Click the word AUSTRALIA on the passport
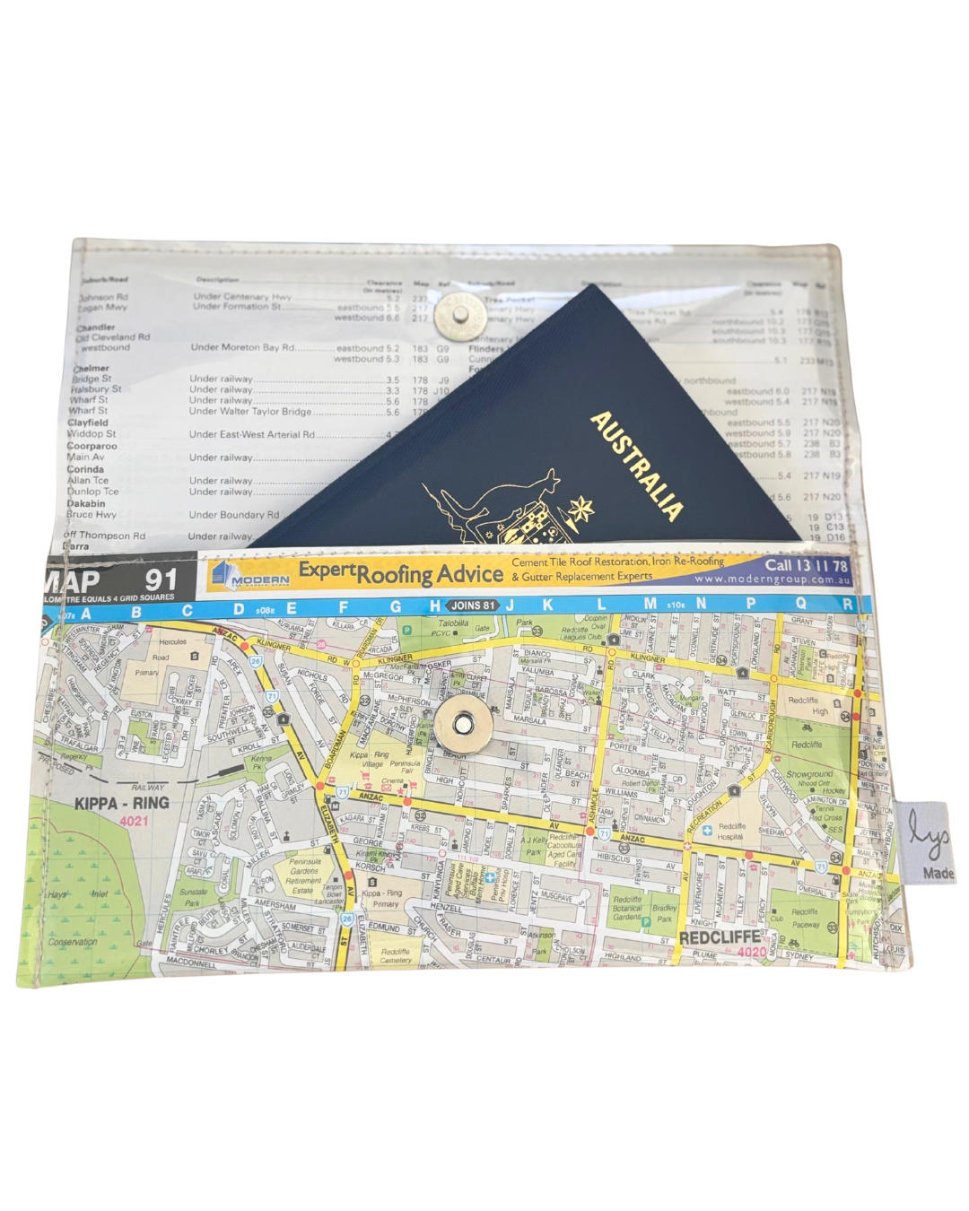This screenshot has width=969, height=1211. coord(636,466)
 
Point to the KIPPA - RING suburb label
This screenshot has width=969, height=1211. coord(121,803)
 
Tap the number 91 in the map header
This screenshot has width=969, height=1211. coord(161,579)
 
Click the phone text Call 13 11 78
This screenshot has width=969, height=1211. coord(805,565)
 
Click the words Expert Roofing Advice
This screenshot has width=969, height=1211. coord(400,572)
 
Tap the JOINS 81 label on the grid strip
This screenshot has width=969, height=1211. coord(473,605)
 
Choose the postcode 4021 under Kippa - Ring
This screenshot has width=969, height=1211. coord(134,821)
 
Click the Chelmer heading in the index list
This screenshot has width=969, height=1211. coord(91,368)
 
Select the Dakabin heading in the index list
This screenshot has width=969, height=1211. coord(85,503)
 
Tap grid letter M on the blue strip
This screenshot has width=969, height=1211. coord(650,605)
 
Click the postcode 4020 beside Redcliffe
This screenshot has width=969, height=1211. coord(752,952)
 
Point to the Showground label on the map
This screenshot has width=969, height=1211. coord(808,773)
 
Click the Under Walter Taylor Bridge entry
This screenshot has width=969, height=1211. coord(250,412)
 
